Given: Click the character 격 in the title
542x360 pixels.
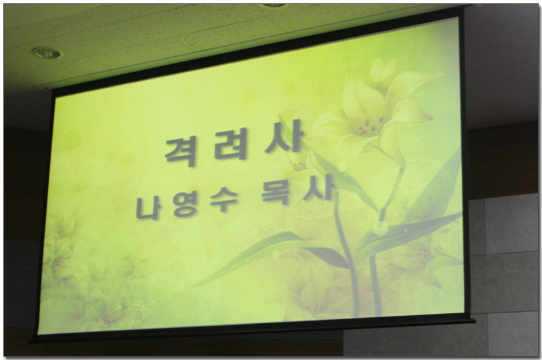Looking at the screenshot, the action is [x=181, y=152].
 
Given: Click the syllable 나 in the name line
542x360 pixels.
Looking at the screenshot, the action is [x=148, y=208].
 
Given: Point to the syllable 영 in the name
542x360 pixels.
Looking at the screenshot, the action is [x=185, y=204].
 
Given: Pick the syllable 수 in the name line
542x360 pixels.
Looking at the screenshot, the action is [x=224, y=200].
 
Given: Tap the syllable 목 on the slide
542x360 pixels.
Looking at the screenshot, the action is [x=276, y=193].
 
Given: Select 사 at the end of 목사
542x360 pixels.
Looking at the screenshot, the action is [x=318, y=188].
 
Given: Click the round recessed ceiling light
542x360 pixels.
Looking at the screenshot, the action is [x=46, y=53].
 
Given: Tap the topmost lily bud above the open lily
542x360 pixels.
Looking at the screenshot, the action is [x=381, y=73].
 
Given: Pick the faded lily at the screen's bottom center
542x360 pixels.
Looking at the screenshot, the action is [x=311, y=297].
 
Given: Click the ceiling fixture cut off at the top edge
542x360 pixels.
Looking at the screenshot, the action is [x=273, y=6].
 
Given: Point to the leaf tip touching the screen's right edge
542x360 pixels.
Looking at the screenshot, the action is [x=459, y=215].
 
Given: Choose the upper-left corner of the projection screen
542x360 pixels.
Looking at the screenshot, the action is [x=52, y=91].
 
